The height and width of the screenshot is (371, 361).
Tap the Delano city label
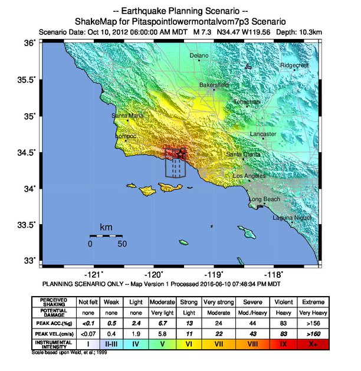(x=199, y=55)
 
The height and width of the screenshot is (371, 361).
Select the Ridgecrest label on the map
(x=294, y=65)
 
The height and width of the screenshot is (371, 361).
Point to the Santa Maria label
(x=127, y=116)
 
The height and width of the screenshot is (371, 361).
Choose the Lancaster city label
(x=263, y=134)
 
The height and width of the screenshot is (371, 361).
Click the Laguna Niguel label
(x=287, y=218)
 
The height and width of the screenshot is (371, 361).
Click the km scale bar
(x=106, y=235)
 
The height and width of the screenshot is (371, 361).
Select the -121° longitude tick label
(x=93, y=274)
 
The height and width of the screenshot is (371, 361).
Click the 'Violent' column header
(x=282, y=301)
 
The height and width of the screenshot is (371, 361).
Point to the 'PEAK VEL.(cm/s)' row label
(x=54, y=332)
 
